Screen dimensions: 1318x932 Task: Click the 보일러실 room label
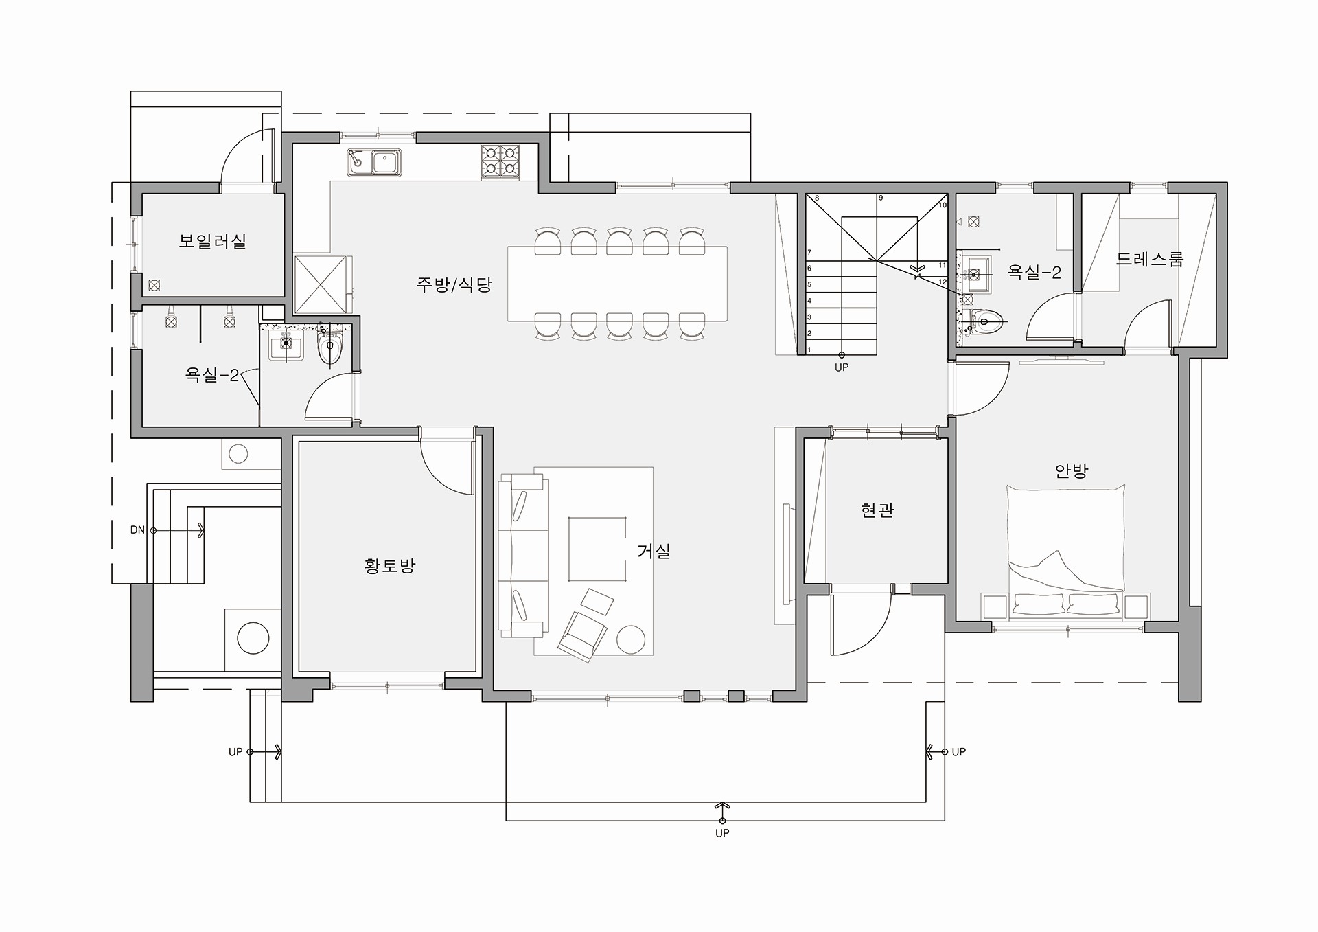point(212,241)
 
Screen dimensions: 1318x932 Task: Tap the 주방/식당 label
point(454,284)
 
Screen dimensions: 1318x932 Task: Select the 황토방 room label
point(390,566)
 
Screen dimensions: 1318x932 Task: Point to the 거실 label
point(654,550)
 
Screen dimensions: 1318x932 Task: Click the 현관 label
point(877,510)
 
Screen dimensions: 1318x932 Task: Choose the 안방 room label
point(1072,470)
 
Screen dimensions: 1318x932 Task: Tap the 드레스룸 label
point(1150,259)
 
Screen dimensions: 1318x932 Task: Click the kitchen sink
point(374,163)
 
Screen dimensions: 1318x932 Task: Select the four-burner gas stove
point(500,161)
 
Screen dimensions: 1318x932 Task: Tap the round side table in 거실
point(631,639)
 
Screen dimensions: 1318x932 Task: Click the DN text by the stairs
point(137,530)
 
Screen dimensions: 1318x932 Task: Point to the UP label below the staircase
point(842,367)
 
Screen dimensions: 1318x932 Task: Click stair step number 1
point(809,350)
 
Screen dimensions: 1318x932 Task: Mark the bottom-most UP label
point(722,833)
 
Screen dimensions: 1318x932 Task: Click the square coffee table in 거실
point(597,549)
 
